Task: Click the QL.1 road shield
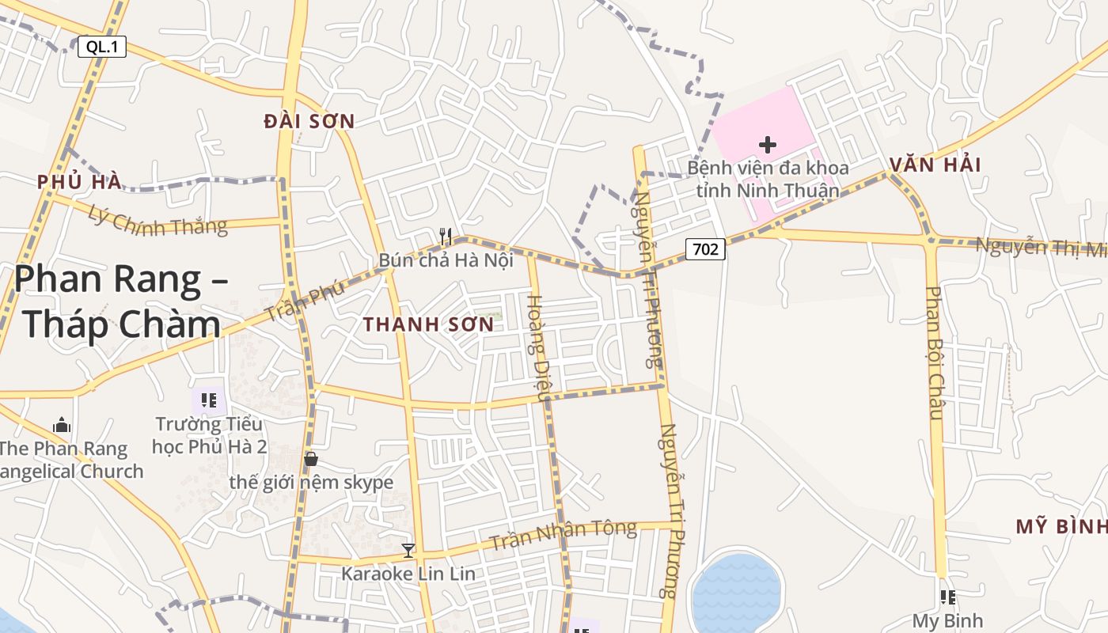pos(102,47)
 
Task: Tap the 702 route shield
pos(704,249)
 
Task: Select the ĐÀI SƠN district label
pos(309,121)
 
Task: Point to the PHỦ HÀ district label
pos(79,182)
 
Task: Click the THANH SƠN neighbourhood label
pos(428,324)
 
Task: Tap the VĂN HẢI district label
pos(935,165)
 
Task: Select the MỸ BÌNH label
pos(1061,527)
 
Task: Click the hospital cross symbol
pos(767,145)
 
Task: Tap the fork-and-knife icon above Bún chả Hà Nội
pos(446,236)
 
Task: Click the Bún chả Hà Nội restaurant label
pos(446,260)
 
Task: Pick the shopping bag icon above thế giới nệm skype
pos(311,459)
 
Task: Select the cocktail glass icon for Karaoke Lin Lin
pos(408,550)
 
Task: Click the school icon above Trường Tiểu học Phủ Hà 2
pos(209,400)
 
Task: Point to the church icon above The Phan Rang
pos(62,426)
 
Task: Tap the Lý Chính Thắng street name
pos(157,221)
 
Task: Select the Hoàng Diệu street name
pos(537,347)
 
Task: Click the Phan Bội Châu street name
pos(935,352)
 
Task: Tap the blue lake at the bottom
pos(736,589)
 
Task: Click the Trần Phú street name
pos(305,301)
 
